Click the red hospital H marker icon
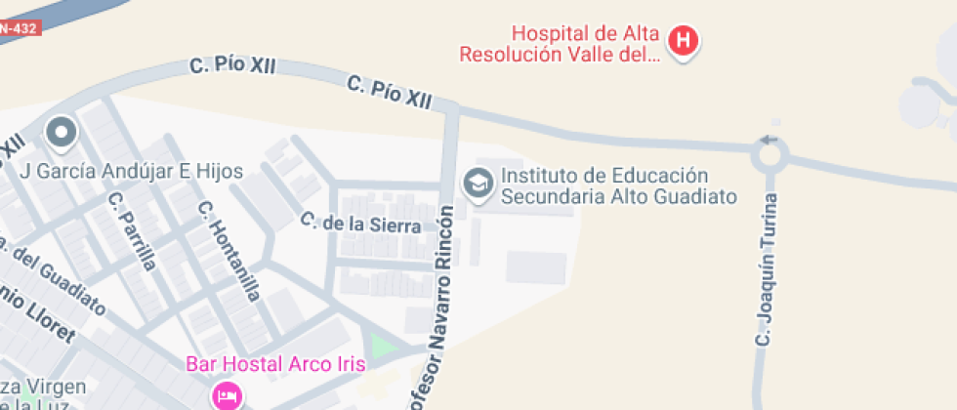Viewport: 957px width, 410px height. [685, 41]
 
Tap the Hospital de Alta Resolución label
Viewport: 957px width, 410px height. [560, 42]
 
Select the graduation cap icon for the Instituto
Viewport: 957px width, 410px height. [478, 184]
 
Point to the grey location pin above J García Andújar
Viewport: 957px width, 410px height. [62, 133]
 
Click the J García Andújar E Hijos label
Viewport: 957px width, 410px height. [132, 172]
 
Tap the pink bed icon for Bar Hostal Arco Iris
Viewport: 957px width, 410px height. [226, 394]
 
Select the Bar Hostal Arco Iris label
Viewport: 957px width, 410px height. [275, 364]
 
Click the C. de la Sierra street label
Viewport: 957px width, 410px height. [360, 224]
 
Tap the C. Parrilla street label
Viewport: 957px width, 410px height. [133, 230]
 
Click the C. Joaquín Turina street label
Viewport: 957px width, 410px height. [766, 269]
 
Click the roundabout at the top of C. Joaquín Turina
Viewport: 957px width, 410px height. [770, 154]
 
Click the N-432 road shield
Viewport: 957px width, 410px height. [17, 27]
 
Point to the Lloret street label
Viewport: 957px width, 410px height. [39, 316]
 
